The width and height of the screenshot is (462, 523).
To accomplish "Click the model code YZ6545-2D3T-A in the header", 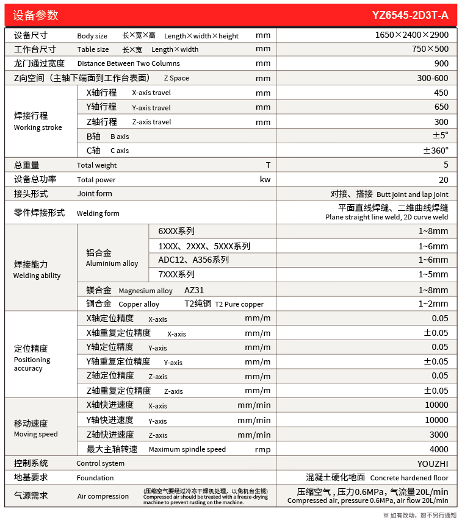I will pyautogui.click(x=410, y=15).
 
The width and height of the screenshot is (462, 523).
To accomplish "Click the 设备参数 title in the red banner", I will pyautogui.click(x=36, y=15).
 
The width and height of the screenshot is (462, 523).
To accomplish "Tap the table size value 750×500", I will pyautogui.click(x=430, y=49).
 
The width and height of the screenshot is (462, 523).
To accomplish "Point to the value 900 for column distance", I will pyautogui.click(x=441, y=63).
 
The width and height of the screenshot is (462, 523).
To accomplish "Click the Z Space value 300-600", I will pyautogui.click(x=432, y=78).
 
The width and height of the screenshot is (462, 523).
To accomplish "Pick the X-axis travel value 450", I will pyautogui.click(x=441, y=93).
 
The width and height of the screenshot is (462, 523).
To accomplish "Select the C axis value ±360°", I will pyautogui.click(x=436, y=150).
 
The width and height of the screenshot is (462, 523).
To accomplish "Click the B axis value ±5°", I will pyautogui.click(x=440, y=135).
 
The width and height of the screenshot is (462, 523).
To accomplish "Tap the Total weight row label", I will pyautogui.click(x=96, y=165).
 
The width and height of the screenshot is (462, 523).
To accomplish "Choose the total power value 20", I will pyautogui.click(x=443, y=180).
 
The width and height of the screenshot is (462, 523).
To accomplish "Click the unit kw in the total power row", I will pyautogui.click(x=265, y=180).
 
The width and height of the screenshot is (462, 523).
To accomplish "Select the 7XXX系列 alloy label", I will pyautogui.click(x=176, y=275).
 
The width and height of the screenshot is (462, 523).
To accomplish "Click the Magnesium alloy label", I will pyautogui.click(x=145, y=291).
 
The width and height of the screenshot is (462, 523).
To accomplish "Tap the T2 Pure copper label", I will pyautogui.click(x=239, y=304).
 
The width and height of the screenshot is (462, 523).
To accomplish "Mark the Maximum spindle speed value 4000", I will pyautogui.click(x=438, y=449).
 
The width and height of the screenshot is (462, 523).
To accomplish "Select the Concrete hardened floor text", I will pyautogui.click(x=409, y=478).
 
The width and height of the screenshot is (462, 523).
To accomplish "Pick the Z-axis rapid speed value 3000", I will pyautogui.click(x=438, y=434).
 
